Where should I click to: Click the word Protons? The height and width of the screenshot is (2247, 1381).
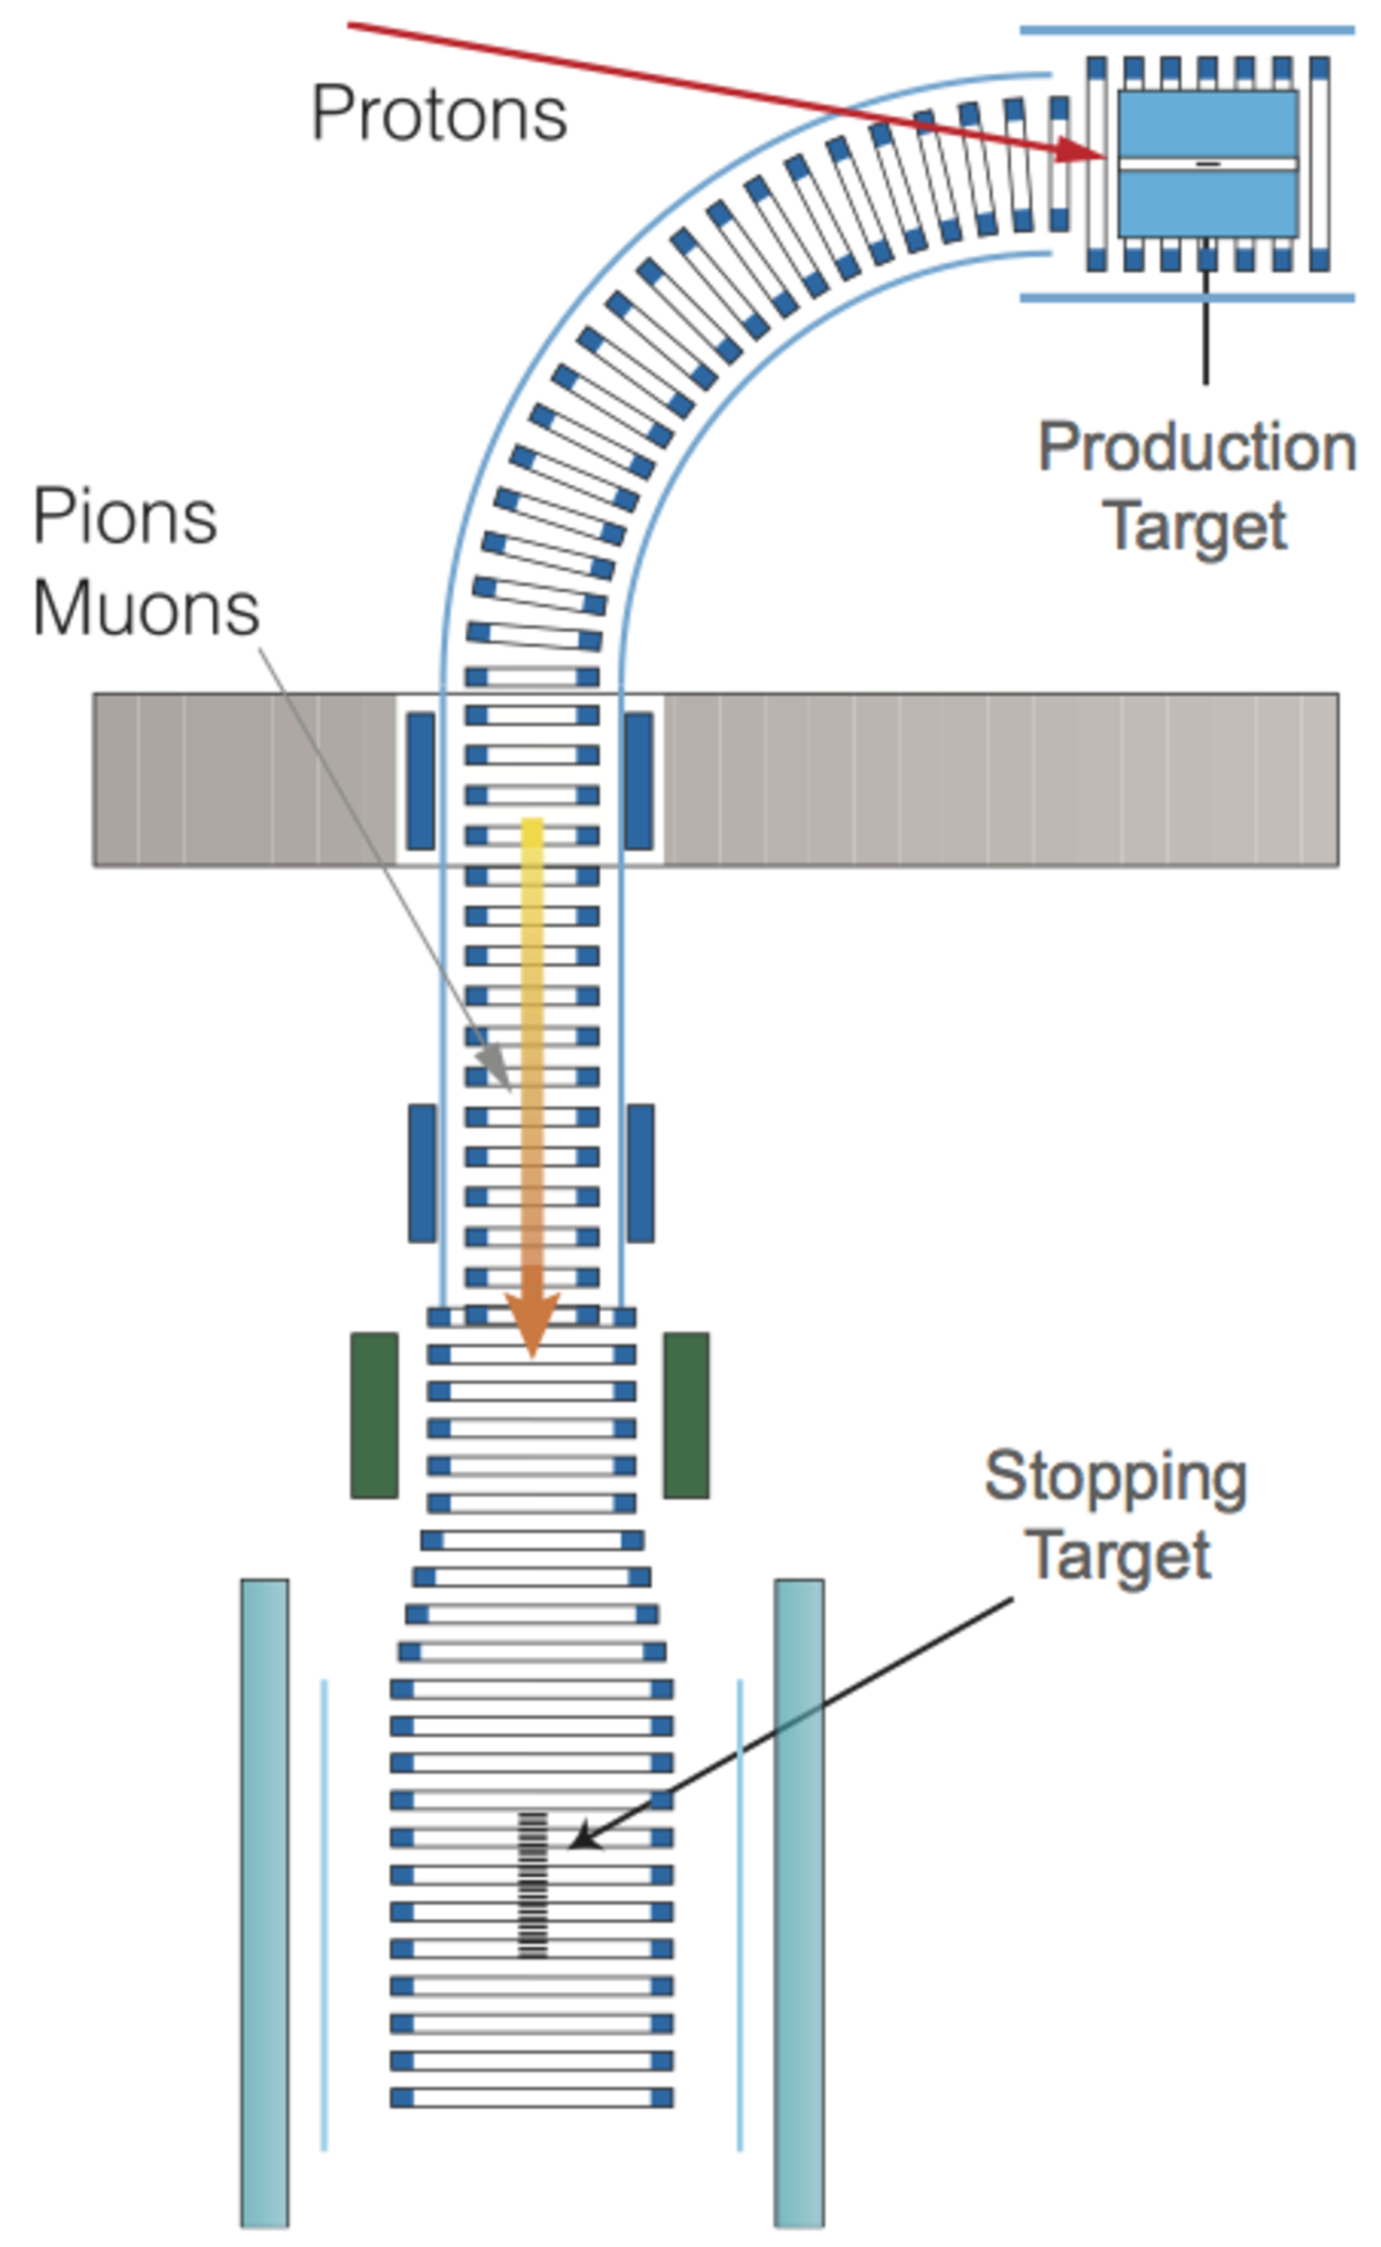coord(438,114)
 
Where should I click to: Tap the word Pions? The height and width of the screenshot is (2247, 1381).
coord(125,517)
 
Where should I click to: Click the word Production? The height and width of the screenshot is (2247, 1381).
coord(1197,448)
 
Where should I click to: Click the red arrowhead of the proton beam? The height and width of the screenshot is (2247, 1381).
coord(1082,150)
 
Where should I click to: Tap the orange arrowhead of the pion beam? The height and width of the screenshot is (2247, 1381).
coord(532,1324)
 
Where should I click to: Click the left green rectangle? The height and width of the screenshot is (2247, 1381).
coord(374,1415)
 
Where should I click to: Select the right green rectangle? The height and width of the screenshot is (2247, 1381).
coord(686,1415)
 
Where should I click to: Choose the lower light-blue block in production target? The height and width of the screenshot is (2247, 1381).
coord(1207,203)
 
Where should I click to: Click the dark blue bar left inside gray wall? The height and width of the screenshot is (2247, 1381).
coord(420,781)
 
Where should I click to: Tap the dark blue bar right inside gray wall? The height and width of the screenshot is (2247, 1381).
coord(638,781)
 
